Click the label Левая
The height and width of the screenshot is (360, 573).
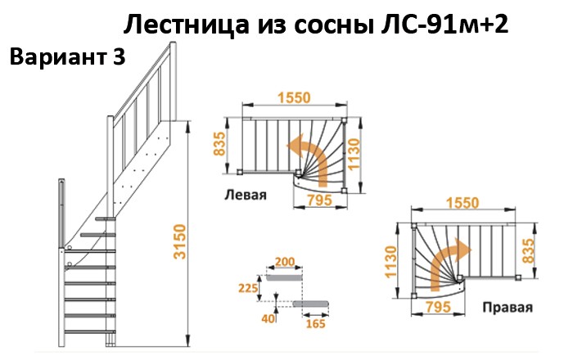(246, 195)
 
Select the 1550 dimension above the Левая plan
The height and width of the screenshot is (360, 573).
(293, 97)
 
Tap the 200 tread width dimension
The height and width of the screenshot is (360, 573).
(285, 262)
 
